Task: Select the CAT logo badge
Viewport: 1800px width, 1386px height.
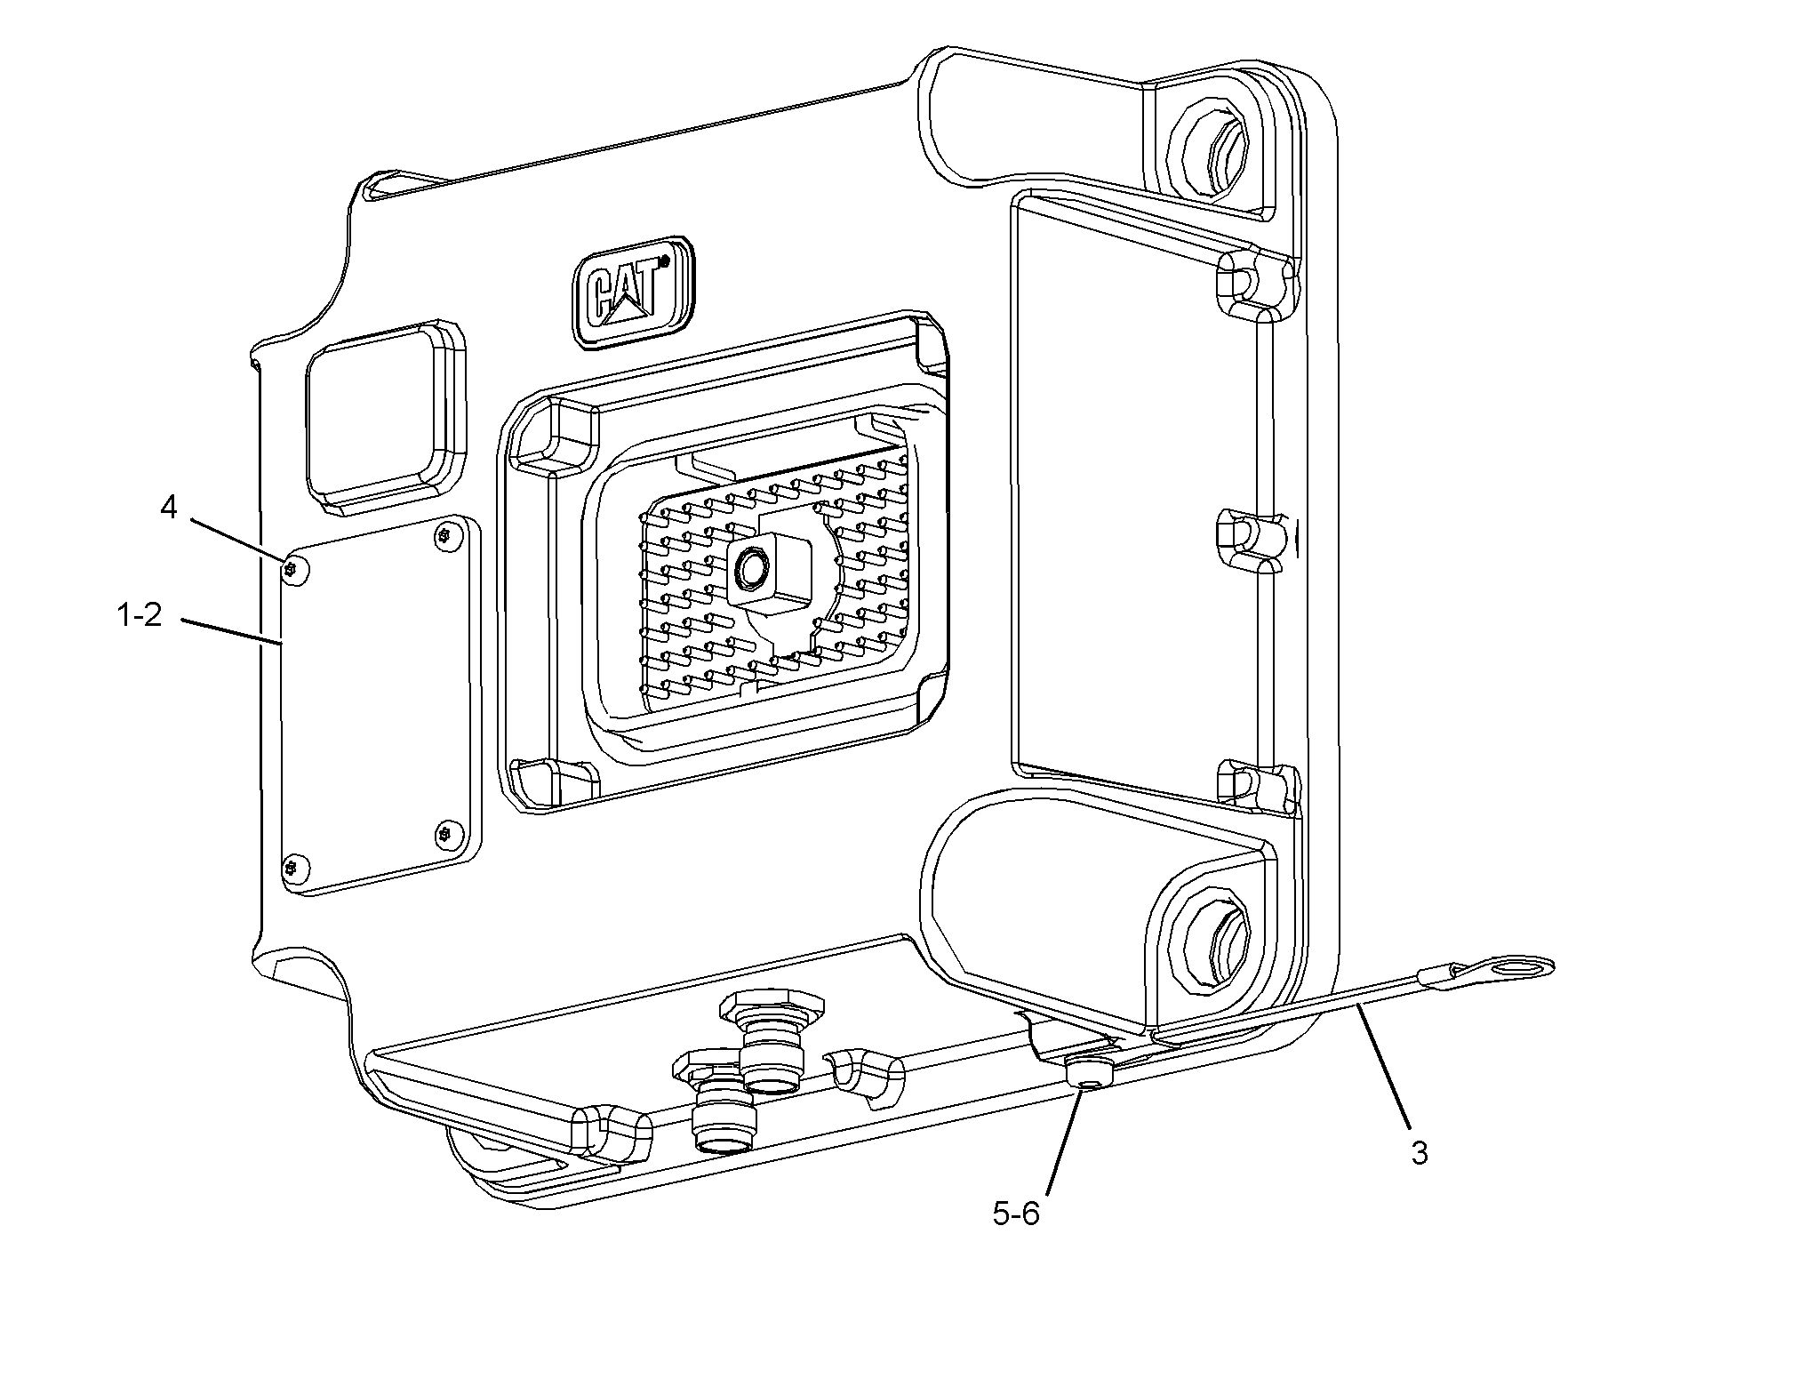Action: click(x=633, y=292)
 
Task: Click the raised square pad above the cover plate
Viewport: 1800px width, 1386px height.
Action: click(x=385, y=417)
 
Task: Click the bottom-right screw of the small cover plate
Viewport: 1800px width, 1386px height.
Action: click(x=446, y=833)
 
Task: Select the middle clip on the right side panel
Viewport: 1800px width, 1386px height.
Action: click(x=1249, y=541)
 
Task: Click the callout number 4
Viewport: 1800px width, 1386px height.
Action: click(x=168, y=508)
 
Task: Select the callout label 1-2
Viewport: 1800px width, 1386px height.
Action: click(x=140, y=615)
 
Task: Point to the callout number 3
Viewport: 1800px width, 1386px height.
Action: click(x=1420, y=1153)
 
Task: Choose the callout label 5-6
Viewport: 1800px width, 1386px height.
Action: click(x=1016, y=1214)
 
